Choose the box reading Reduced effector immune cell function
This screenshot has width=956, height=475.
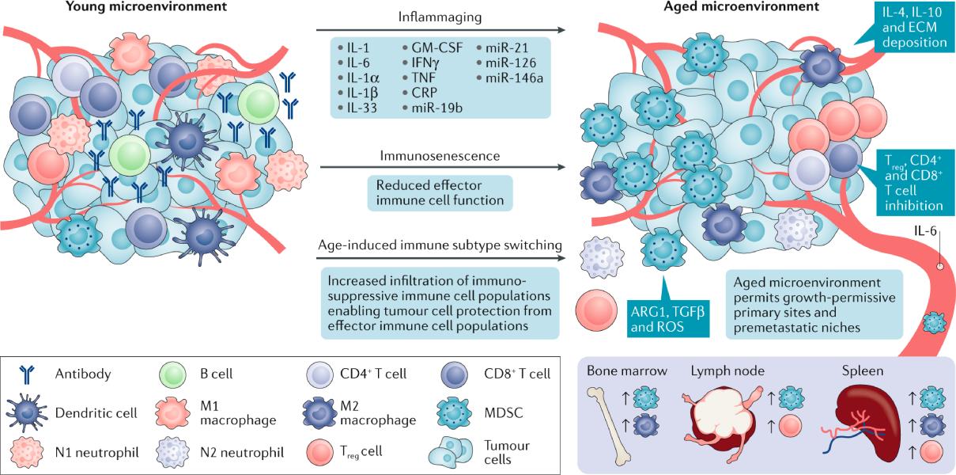440,193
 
